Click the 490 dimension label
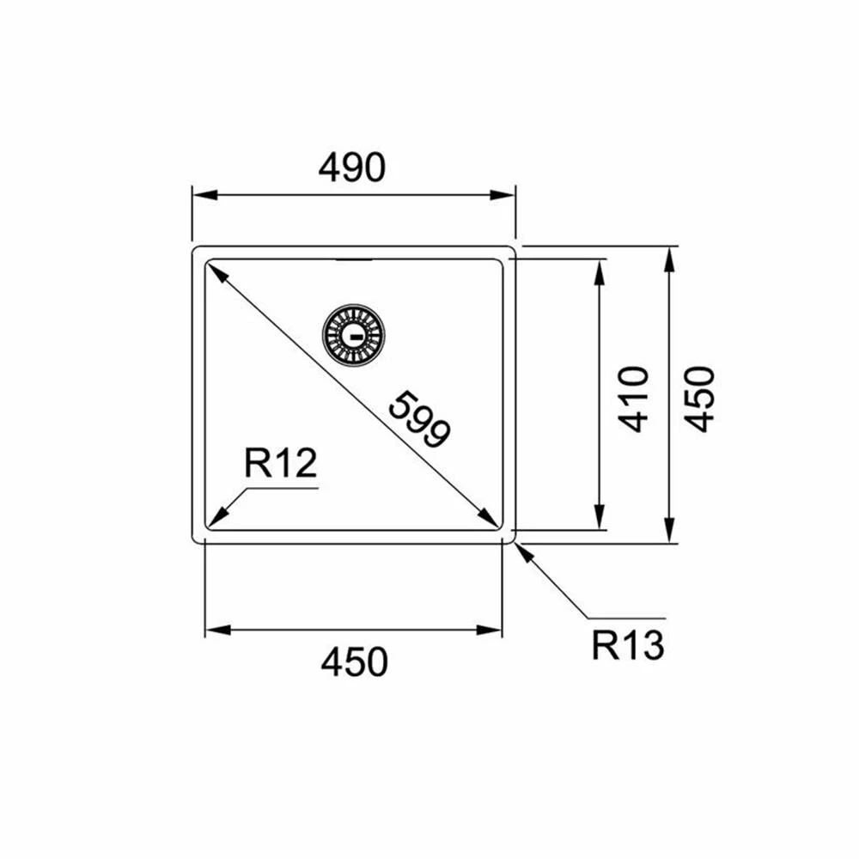[351, 168]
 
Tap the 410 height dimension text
[633, 399]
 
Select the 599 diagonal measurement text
[420, 419]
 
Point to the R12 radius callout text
[281, 464]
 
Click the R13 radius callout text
[628, 645]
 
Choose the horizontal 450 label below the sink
[355, 661]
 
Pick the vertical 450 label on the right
[700, 399]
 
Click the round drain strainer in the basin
[353, 335]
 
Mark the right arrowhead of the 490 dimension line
[502, 195]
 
